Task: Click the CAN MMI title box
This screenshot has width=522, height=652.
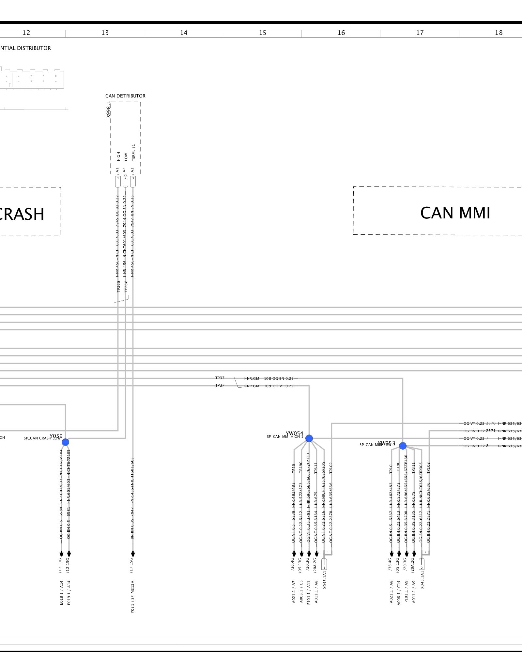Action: [455, 213]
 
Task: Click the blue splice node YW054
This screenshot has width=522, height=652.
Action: [309, 438]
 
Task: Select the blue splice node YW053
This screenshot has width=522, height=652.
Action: [403, 446]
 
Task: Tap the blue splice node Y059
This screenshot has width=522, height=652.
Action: [65, 442]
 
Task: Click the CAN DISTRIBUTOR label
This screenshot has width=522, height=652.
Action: [125, 96]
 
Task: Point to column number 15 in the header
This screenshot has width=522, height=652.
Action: [262, 33]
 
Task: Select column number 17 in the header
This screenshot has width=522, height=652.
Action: [420, 33]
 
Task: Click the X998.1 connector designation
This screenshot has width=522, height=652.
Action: [109, 109]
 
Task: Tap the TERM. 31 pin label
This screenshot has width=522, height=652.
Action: [133, 152]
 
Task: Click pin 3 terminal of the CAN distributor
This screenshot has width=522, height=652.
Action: [133, 181]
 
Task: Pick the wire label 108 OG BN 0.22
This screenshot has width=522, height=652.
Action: [279, 378]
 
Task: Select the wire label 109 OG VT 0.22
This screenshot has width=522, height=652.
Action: [279, 386]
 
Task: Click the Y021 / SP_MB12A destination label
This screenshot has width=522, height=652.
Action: [132, 597]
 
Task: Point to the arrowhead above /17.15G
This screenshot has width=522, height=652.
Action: [133, 554]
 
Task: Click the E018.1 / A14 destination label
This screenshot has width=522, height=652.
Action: [61, 593]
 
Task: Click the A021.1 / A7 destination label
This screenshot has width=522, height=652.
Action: [294, 592]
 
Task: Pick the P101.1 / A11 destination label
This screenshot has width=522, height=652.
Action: [309, 593]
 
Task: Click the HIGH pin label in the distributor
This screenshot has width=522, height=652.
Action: [118, 156]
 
